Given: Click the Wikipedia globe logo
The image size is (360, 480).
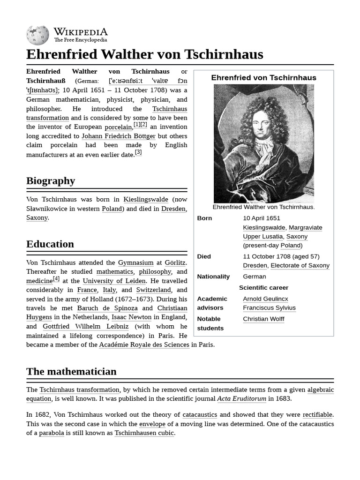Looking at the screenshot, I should pyautogui.click(x=37, y=35).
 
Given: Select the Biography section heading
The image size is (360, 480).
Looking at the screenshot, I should pyautogui.click(x=51, y=180).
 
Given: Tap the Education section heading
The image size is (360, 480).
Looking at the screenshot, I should pyautogui.click(x=50, y=244).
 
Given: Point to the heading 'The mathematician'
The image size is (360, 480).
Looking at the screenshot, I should pyautogui.click(x=71, y=371).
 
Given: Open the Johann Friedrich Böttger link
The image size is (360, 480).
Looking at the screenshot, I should pyautogui.click(x=119, y=136).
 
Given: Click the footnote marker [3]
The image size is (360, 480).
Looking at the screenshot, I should pyautogui.click(x=138, y=152).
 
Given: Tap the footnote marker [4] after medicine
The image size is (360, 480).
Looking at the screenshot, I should pyautogui.click(x=56, y=278).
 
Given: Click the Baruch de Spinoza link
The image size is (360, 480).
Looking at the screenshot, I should pyautogui.click(x=107, y=308).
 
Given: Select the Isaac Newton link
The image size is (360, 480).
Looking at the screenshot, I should pyautogui.click(x=131, y=317).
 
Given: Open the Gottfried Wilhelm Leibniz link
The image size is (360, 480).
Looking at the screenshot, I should pyautogui.click(x=85, y=326).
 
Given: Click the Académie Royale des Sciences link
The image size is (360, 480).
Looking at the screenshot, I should pyautogui.click(x=144, y=345).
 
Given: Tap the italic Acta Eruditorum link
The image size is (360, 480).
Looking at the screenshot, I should pyautogui.click(x=241, y=398).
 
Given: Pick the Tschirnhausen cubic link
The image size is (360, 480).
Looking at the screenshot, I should pyautogui.click(x=144, y=433).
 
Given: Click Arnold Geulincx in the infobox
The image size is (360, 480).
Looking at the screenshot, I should pyautogui.click(x=265, y=299).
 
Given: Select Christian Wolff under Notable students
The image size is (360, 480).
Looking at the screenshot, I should pyautogui.click(x=263, y=319).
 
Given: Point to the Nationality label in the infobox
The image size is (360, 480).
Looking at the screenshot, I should pyautogui.click(x=213, y=277).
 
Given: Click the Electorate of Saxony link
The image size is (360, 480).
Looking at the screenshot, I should pyautogui.click(x=300, y=265).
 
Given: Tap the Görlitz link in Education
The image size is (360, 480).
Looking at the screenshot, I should pyautogui.click(x=175, y=262).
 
